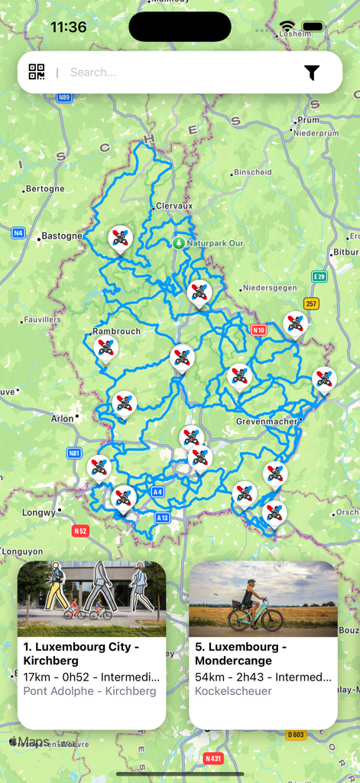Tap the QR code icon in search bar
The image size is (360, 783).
point(37,72)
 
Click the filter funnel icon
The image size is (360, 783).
point(312,73)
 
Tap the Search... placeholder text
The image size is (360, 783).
point(93,73)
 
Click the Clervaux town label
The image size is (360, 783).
point(174,206)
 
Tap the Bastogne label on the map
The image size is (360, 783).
point(61,236)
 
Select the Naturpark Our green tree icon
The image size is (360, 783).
point(178,242)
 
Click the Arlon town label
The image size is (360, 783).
point(62,418)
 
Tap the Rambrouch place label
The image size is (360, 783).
point(117,332)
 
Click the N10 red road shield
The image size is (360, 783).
point(258,330)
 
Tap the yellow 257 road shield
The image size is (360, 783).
point(311,304)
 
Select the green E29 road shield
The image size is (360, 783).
point(319,277)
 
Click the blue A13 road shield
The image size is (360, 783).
point(162,518)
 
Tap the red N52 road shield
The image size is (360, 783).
point(80,531)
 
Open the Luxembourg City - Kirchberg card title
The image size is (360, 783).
point(82,654)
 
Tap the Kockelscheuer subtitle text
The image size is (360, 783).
point(233,691)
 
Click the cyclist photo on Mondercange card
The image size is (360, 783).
point(263,599)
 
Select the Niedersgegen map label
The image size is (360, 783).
point(268,288)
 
